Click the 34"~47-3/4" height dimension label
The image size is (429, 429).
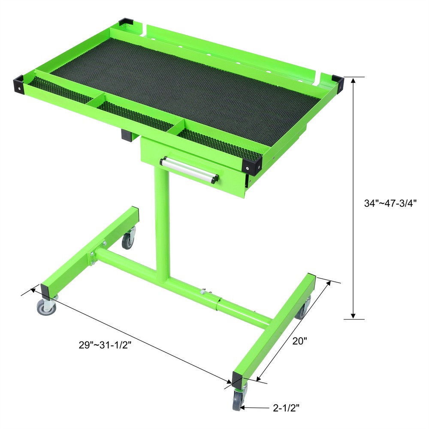click(387, 204)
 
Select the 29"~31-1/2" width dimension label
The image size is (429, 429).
click(105, 344)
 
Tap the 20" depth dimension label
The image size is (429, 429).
click(300, 341)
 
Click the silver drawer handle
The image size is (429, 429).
click(189, 169)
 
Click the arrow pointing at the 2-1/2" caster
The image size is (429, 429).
click(253, 408)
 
